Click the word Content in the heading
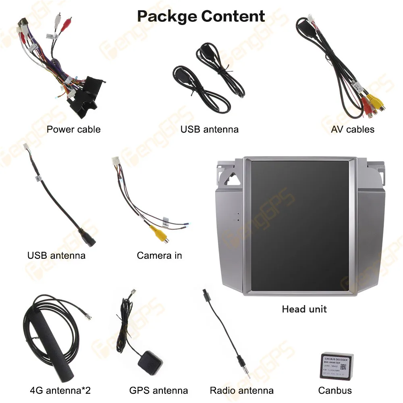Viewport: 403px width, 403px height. (x=233, y=17)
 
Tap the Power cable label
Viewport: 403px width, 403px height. (x=73, y=129)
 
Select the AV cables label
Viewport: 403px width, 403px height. (x=353, y=129)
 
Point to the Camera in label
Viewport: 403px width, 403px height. (x=159, y=256)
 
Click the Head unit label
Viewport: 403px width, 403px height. (x=304, y=309)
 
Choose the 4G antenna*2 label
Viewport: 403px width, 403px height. (x=60, y=390)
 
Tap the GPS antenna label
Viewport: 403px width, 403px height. (x=158, y=390)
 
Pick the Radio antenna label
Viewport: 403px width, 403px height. (x=241, y=390)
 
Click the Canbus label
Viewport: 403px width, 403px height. (x=335, y=390)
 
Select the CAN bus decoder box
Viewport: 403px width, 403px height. (x=337, y=366)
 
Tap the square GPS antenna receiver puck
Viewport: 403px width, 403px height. (x=149, y=361)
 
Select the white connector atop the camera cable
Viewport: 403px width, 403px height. (x=115, y=162)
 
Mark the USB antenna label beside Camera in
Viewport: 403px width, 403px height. (x=56, y=256)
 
